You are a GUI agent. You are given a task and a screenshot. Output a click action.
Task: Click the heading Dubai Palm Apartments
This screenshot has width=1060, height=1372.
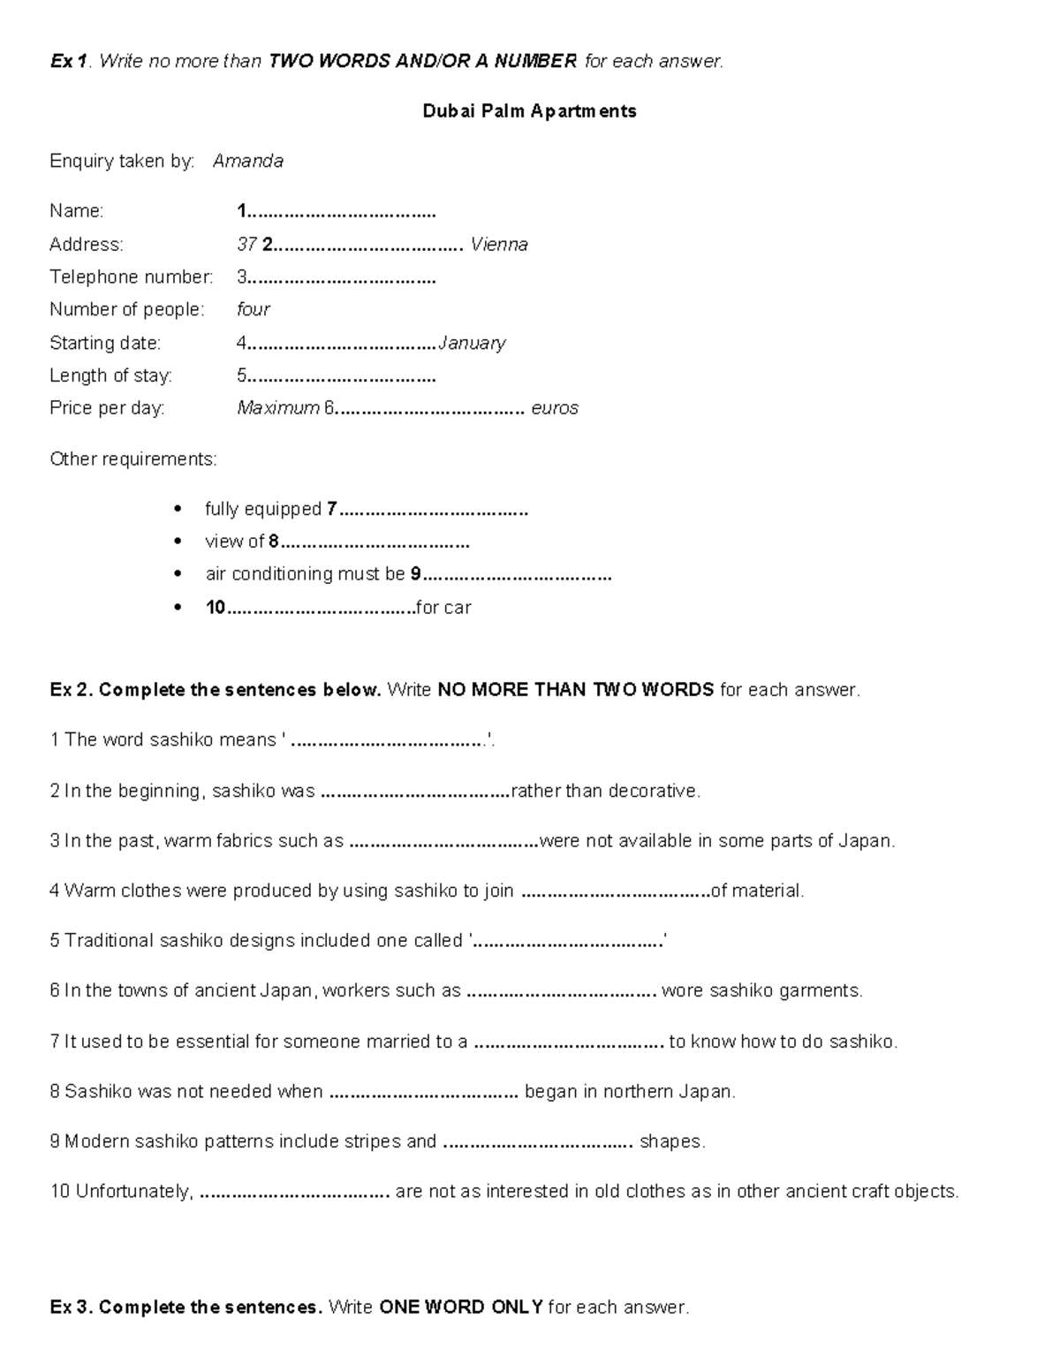point(529,111)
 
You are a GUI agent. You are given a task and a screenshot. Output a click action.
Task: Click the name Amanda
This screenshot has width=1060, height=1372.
point(247,161)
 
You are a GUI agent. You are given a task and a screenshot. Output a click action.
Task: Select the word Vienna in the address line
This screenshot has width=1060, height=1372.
point(499,244)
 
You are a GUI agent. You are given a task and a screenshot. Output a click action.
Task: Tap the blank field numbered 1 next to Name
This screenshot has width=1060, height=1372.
point(340,212)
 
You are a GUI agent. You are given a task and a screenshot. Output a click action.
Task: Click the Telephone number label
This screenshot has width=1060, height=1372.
point(131,277)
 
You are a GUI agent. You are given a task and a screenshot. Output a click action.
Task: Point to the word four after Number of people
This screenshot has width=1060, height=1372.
point(254,309)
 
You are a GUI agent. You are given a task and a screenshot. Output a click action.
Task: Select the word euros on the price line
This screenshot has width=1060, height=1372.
point(555,408)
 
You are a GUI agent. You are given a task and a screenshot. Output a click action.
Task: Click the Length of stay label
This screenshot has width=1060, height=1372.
point(110,375)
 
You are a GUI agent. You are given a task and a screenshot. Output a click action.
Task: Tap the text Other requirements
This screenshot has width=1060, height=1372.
point(132,459)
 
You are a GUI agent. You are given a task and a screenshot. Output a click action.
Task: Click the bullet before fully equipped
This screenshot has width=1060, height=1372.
point(179,509)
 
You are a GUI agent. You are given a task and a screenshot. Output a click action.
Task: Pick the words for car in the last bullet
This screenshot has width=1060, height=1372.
point(443,608)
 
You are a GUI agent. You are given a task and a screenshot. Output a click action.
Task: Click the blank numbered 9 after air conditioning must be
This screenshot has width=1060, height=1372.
point(517,575)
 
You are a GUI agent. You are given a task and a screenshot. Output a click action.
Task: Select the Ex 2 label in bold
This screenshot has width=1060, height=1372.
point(71,690)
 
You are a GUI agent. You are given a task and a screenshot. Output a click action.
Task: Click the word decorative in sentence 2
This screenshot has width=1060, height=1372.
point(654,791)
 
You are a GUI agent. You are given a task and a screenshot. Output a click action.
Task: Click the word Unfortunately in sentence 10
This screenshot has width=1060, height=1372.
point(133,1192)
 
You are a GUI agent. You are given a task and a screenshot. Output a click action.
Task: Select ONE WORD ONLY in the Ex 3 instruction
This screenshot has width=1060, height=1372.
point(460,1308)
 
